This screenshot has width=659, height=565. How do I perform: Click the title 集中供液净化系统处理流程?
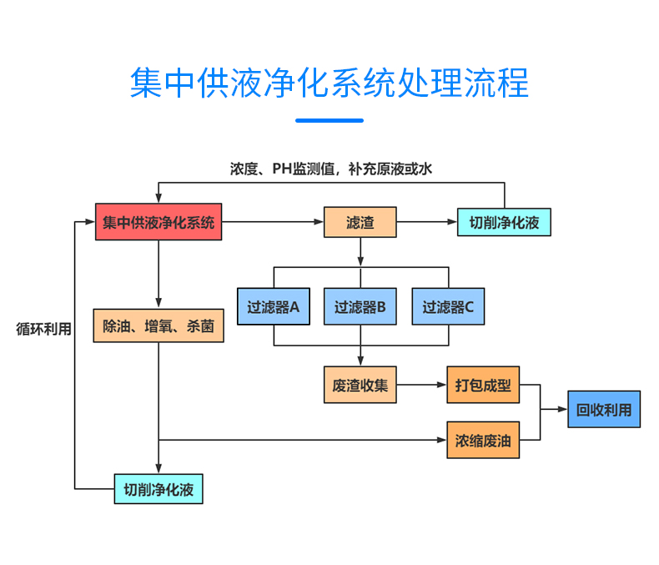329,83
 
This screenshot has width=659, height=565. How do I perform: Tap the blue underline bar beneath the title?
329,120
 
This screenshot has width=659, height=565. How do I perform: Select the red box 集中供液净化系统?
158,222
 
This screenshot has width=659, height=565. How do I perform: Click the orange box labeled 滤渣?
360,222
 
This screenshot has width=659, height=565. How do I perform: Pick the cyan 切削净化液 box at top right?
504,223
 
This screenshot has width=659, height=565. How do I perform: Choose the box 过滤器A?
273,306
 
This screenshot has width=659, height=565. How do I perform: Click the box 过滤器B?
360,306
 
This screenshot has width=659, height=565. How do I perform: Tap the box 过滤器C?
448,306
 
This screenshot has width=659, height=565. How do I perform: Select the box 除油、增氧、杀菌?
158,326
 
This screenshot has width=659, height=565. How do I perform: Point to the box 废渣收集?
360,385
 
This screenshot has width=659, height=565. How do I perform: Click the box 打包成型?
483,385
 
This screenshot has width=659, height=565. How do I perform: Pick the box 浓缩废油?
483,440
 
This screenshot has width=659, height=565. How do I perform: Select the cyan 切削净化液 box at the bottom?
158,488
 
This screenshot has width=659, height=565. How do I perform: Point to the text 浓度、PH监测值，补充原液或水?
331,169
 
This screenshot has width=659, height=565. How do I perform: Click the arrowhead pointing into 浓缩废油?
442,440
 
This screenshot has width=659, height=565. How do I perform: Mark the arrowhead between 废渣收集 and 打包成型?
442,385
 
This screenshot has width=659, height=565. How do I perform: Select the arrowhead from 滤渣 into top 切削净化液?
452,223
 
